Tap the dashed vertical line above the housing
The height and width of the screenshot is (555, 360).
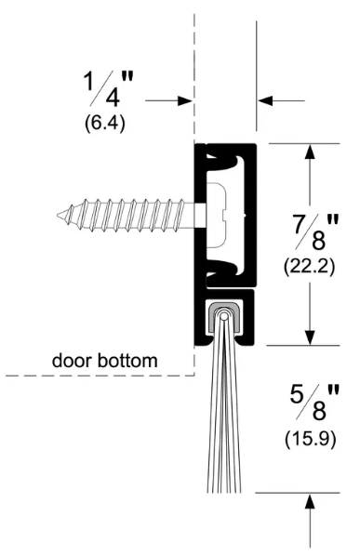195,56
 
